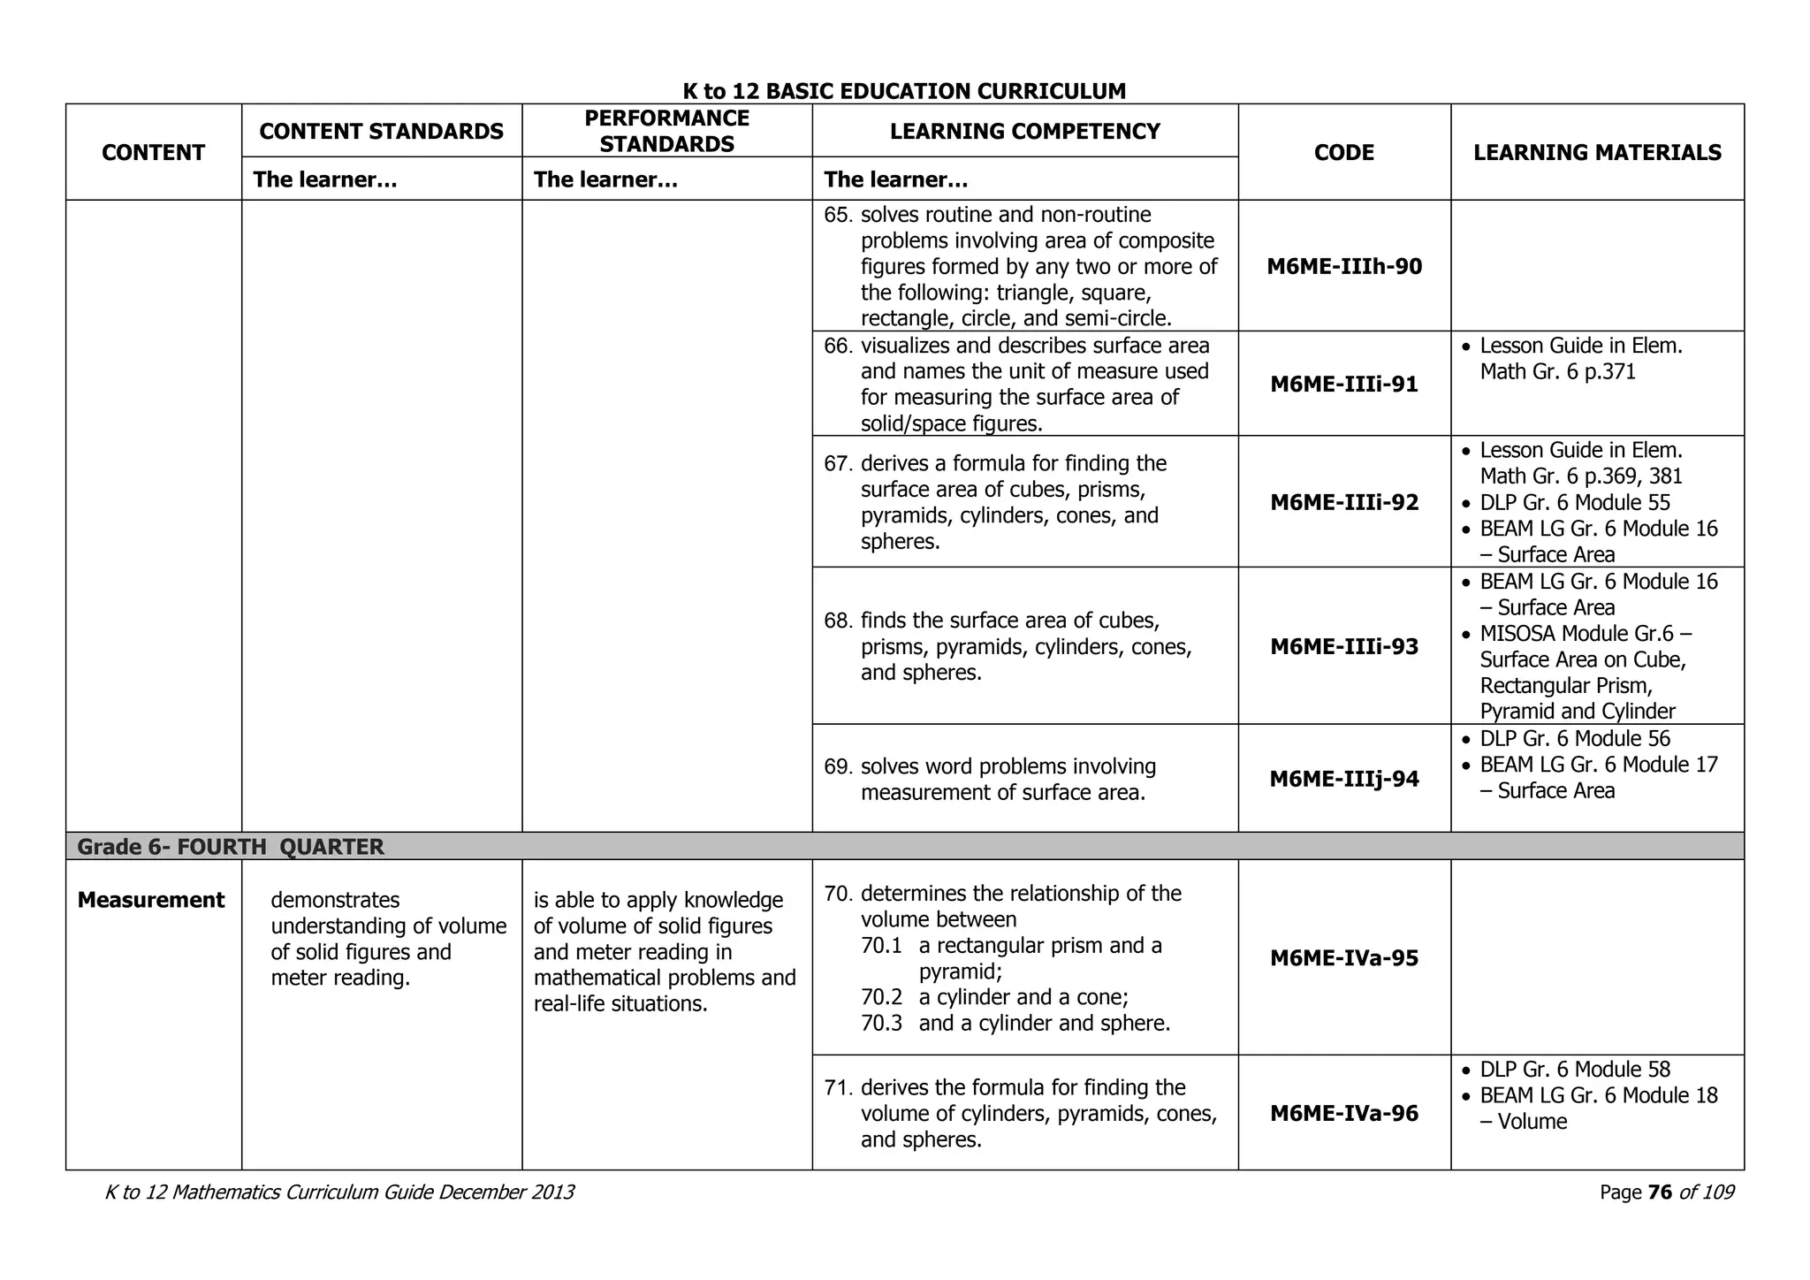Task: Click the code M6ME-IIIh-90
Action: [x=1344, y=267]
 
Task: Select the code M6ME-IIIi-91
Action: [x=1344, y=385]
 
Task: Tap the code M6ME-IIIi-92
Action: [x=1344, y=503]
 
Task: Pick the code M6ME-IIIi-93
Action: [x=1344, y=647]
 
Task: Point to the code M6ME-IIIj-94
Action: [x=1344, y=780]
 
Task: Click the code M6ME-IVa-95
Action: [x=1344, y=958]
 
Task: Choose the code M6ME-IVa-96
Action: [x=1344, y=1114]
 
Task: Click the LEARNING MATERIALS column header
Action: [x=1597, y=153]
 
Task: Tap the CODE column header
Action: [x=1343, y=153]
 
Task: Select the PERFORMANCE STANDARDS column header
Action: [x=667, y=132]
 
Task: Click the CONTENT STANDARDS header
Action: [x=381, y=132]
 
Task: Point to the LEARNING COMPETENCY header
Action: [x=1024, y=132]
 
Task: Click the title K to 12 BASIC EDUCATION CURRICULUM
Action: [x=904, y=91]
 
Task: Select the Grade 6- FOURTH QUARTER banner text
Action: [x=231, y=847]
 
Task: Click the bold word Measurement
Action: [x=151, y=900]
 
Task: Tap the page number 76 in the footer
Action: [x=1660, y=1192]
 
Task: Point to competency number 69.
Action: [x=837, y=766]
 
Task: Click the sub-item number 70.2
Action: [x=881, y=997]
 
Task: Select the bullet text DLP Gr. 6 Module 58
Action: [x=1574, y=1070]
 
